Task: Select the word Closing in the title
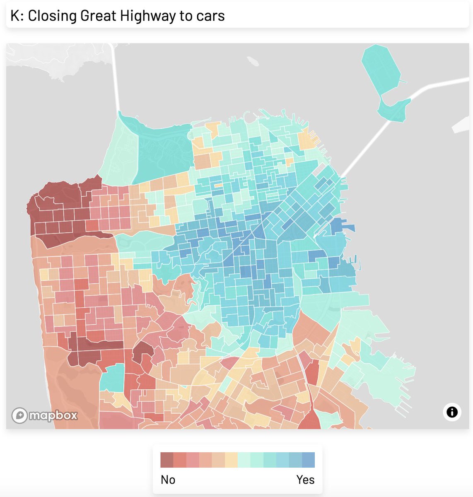click(53, 16)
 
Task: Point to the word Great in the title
click(98, 16)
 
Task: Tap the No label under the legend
click(168, 480)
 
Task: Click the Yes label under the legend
click(305, 480)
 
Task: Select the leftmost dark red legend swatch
click(167, 460)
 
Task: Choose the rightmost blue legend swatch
click(309, 460)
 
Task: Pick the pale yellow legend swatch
click(231, 460)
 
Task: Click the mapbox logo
click(45, 415)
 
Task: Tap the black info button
click(452, 412)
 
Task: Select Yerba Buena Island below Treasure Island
click(393, 110)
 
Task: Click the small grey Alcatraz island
click(252, 61)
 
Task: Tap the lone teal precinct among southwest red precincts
click(112, 377)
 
